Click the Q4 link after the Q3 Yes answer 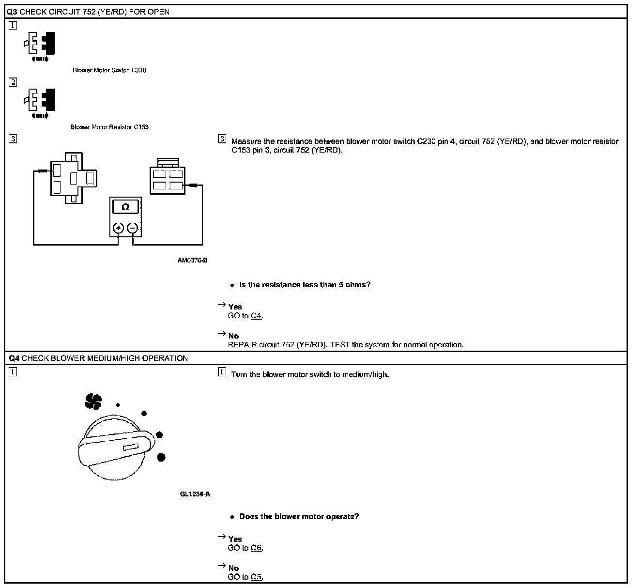point(256,316)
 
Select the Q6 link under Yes point(256,548)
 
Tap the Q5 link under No point(256,577)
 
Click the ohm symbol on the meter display point(125,207)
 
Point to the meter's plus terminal point(118,228)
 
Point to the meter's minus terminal point(132,228)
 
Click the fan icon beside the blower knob point(93,401)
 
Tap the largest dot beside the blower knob point(161,457)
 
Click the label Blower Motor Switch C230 point(109,70)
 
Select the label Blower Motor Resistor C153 point(109,127)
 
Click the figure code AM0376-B point(192,260)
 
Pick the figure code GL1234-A point(195,494)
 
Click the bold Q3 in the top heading point(13,12)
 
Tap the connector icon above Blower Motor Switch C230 point(39,45)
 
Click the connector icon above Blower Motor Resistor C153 point(39,101)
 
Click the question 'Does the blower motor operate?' point(299,516)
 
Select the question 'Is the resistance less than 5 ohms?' point(305,284)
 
